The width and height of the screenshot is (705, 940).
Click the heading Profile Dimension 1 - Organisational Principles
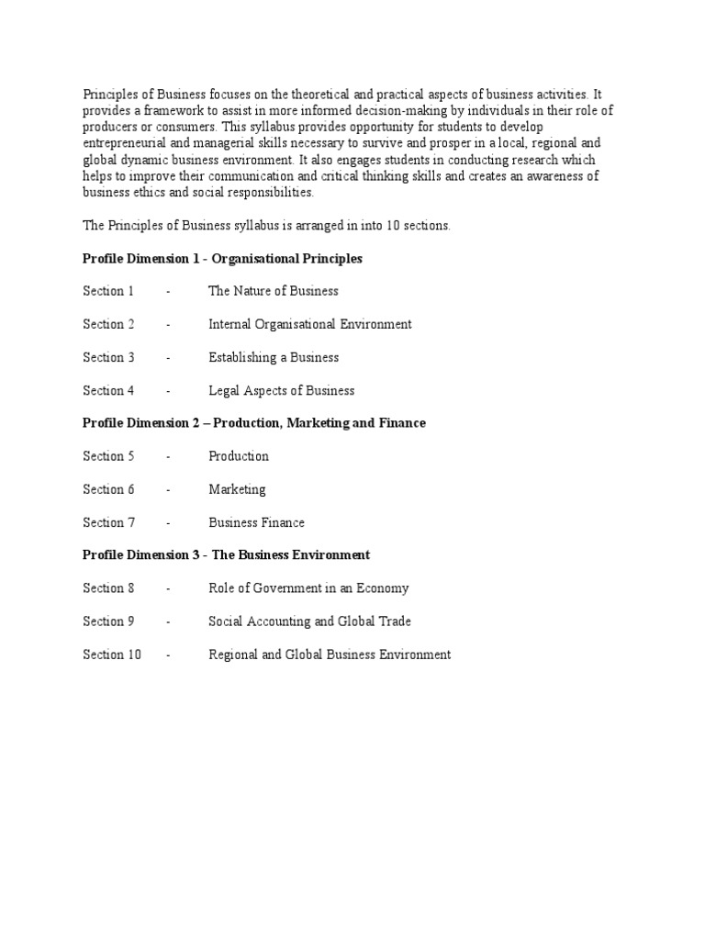click(x=222, y=259)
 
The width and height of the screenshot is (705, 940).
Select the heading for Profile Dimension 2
click(x=254, y=423)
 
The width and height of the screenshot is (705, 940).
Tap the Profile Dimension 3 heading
click(x=226, y=555)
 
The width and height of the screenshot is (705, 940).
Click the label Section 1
click(x=108, y=291)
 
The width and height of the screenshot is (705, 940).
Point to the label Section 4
click(x=108, y=390)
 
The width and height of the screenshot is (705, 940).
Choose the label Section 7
click(x=108, y=522)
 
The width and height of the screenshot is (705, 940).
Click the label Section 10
click(x=112, y=655)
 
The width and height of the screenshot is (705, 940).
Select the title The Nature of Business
click(x=273, y=291)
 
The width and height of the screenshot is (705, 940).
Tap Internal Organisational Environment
click(x=309, y=324)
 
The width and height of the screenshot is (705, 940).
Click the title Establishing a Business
click(x=274, y=357)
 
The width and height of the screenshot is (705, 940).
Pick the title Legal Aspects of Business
click(x=281, y=390)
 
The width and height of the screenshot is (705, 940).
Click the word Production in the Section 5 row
click(x=239, y=456)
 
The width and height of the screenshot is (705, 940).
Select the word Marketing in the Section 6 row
click(x=237, y=489)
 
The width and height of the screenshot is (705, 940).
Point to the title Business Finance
click(x=256, y=522)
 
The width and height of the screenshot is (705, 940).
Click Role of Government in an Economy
click(x=308, y=588)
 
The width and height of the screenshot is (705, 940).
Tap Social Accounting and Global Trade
click(x=309, y=621)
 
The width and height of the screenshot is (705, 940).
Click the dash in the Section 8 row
click(x=168, y=588)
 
